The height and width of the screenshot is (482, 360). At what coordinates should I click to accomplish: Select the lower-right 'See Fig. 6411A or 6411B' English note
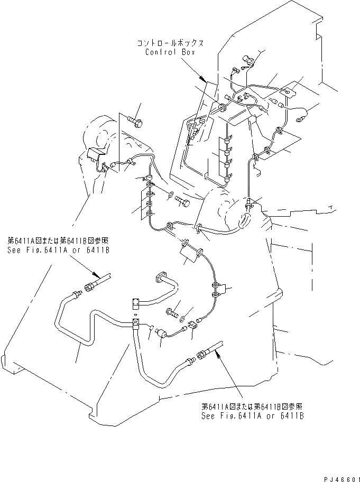pos(253,416)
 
